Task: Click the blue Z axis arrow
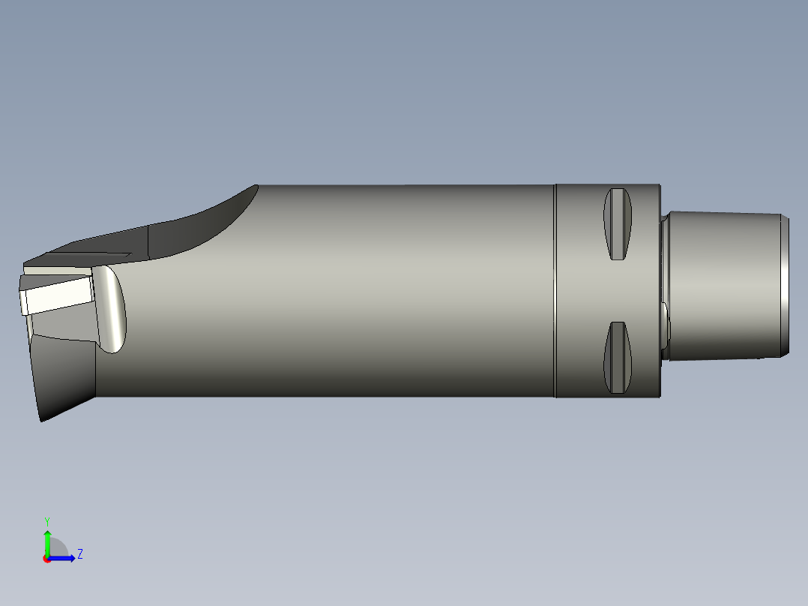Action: [66, 557]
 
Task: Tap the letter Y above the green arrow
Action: [46, 520]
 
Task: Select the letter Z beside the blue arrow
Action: [79, 554]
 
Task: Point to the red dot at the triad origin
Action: [46, 559]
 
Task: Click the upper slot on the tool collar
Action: [618, 224]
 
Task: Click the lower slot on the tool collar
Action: [618, 358]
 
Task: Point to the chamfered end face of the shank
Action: [784, 285]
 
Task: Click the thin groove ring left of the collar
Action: [555, 290]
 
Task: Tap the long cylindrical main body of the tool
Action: [337, 292]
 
